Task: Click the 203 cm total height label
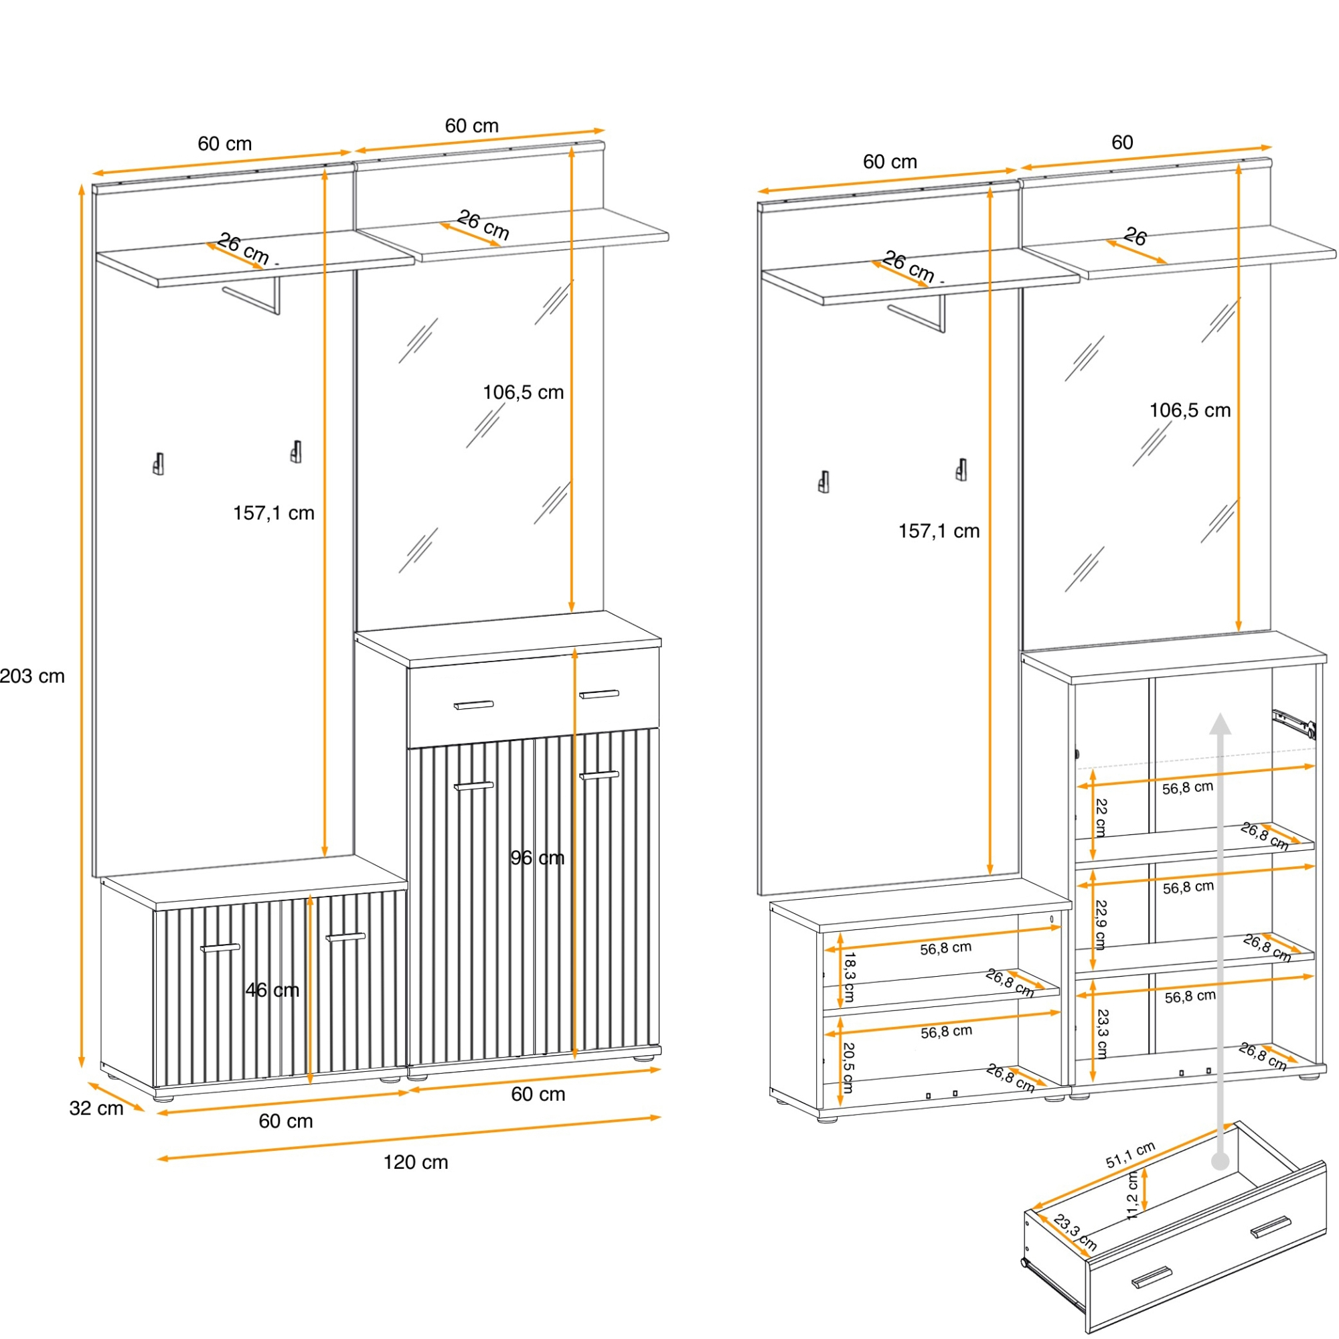[x=32, y=676]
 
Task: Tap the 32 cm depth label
[x=96, y=1108]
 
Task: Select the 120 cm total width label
[x=416, y=1162]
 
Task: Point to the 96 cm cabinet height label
[x=537, y=858]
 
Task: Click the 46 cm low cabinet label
[x=272, y=990]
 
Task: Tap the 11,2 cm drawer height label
[x=1133, y=1196]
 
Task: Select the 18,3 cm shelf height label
[x=848, y=977]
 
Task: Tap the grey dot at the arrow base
[x=1220, y=1162]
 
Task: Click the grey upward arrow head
[x=1220, y=724]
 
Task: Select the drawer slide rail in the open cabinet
[x=1294, y=722]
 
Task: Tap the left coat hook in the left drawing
[x=159, y=464]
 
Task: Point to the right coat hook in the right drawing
[x=961, y=469]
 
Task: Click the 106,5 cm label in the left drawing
[x=524, y=393]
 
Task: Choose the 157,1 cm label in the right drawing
[x=939, y=532]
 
